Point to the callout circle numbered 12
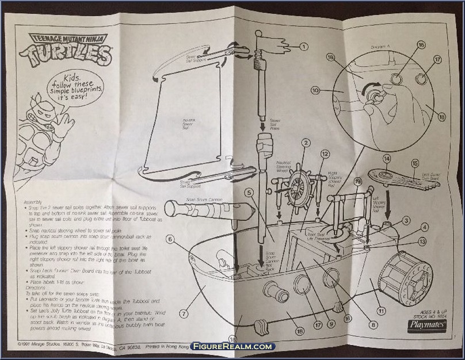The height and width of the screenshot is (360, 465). (x=325, y=154)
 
